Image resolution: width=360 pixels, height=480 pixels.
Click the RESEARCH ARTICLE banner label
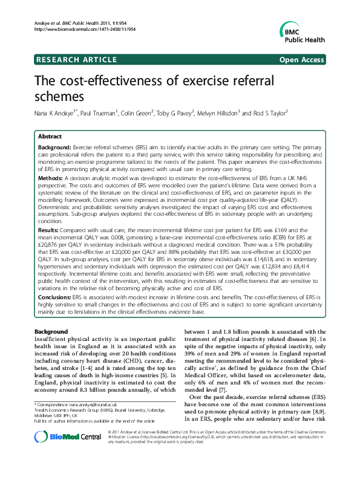pyautogui.click(x=76, y=59)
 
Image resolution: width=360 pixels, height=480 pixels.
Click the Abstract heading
pyautogui.click(x=50, y=137)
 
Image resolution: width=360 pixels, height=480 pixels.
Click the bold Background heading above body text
pyautogui.click(x=51, y=332)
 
